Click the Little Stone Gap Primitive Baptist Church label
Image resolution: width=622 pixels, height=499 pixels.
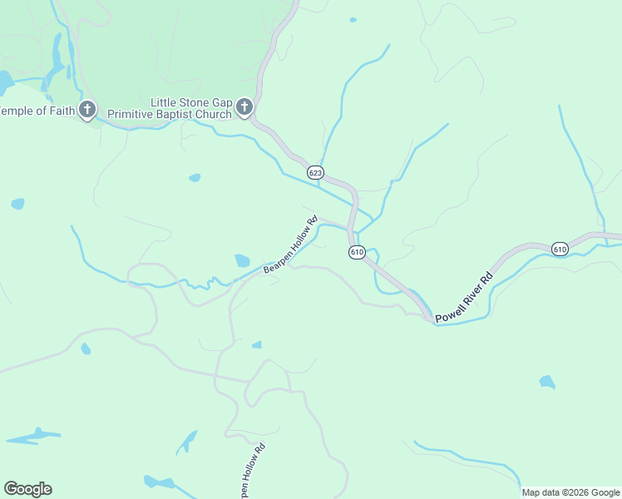[x=190, y=107]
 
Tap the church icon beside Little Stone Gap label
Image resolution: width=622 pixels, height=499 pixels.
[x=244, y=106]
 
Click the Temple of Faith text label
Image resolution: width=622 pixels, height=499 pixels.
[x=37, y=110]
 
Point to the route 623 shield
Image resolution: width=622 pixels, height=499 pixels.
[x=315, y=172]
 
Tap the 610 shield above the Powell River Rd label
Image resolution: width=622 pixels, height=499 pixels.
[x=560, y=249]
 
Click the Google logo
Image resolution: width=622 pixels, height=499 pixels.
[x=28, y=489]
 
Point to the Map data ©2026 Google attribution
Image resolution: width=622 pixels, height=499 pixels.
[x=570, y=492]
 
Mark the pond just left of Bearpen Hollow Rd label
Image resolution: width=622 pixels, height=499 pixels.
[x=242, y=260]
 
